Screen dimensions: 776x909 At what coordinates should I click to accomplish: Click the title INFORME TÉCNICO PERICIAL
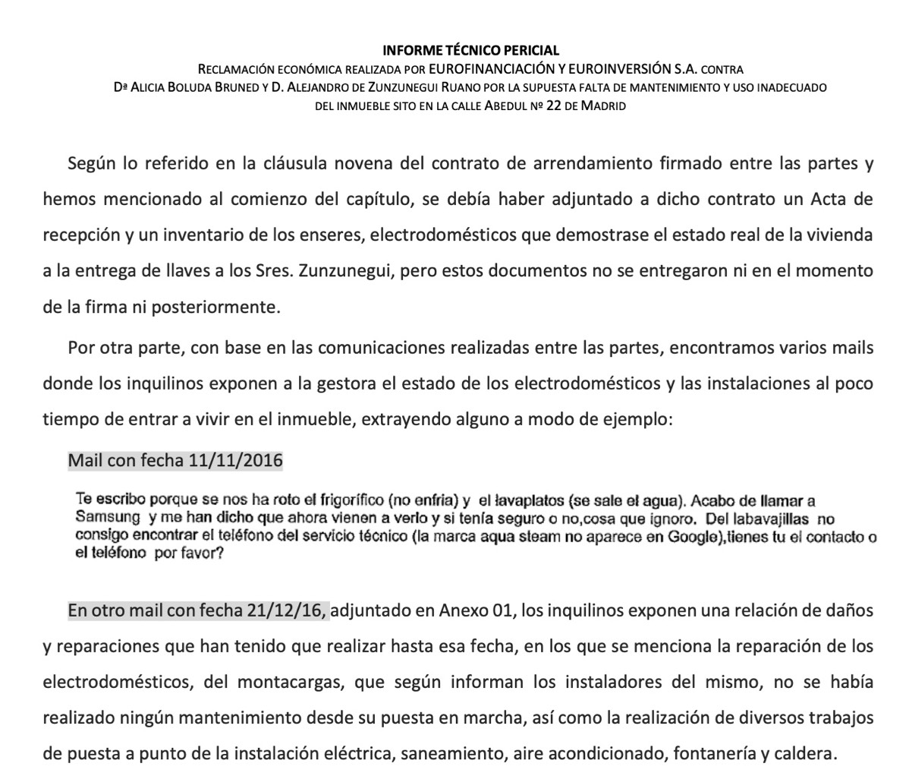pos(470,51)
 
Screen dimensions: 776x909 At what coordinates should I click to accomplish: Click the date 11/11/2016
pos(235,460)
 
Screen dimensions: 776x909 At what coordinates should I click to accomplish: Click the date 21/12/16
pos(287,610)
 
